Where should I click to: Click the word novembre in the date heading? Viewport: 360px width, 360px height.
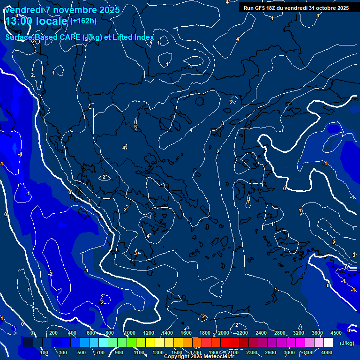pyautogui.click(x=70, y=10)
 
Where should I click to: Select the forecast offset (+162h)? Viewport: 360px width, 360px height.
pyautogui.click(x=83, y=21)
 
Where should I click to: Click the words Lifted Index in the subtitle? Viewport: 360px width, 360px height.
pyautogui.click(x=134, y=37)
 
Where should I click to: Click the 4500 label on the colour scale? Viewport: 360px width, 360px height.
pyautogui.click(x=336, y=333)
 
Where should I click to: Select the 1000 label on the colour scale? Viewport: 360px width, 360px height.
pyautogui.click(x=129, y=333)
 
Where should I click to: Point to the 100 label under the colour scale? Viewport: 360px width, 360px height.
pyautogui.click(x=45, y=352)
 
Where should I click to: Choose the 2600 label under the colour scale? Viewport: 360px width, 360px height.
pyautogui.click(x=270, y=352)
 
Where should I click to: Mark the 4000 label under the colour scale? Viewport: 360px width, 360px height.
pyautogui.click(x=327, y=352)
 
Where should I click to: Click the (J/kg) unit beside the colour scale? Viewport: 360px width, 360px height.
pyautogui.click(x=346, y=343)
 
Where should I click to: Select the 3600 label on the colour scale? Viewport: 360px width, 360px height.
pyautogui.click(x=317, y=333)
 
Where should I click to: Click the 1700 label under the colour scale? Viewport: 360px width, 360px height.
pyautogui.click(x=195, y=352)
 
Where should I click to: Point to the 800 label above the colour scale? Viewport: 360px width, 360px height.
pyautogui.click(x=110, y=333)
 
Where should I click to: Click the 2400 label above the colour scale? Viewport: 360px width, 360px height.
pyautogui.click(x=261, y=333)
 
